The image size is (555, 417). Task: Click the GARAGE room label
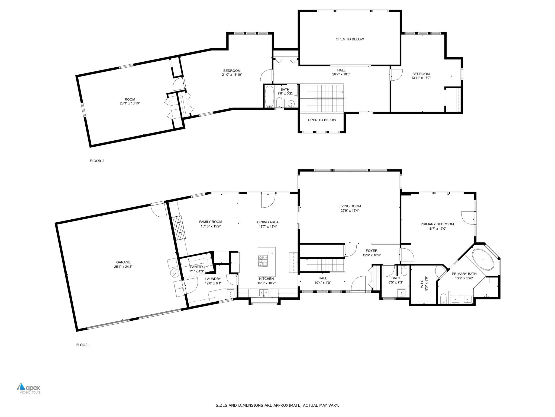click(x=123, y=262)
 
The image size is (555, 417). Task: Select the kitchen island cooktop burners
click(x=262, y=261)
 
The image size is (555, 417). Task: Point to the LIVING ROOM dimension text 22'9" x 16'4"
click(x=350, y=211)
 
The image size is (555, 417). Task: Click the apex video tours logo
click(x=28, y=388)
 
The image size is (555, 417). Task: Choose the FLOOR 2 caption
click(x=97, y=161)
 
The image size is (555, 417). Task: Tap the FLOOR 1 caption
click(x=83, y=345)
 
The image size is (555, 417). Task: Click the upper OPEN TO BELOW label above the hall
click(x=350, y=39)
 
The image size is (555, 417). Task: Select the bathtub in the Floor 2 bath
click(x=269, y=96)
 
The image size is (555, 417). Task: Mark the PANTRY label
click(x=196, y=267)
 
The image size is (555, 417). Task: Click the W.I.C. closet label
click(x=422, y=283)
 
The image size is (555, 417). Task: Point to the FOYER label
click(x=371, y=251)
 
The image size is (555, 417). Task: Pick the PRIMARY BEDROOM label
click(x=437, y=224)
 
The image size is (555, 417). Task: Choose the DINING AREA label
click(x=268, y=222)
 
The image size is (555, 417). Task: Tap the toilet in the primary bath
click(x=443, y=299)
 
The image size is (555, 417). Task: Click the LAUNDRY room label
click(x=213, y=279)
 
